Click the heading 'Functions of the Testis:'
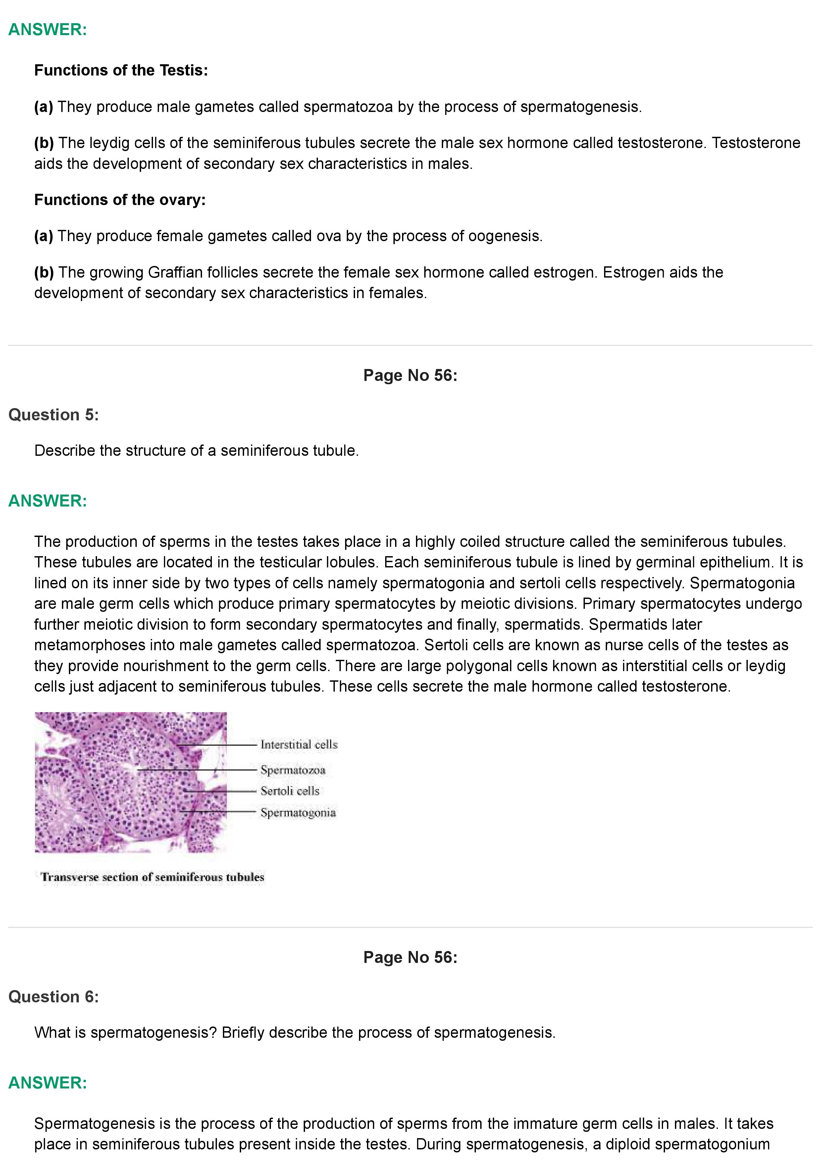click(121, 70)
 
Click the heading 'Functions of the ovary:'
click(120, 200)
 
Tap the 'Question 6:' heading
click(54, 996)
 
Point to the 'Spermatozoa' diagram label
click(293, 770)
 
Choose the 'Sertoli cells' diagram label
click(290, 791)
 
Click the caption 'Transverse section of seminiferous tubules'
click(152, 877)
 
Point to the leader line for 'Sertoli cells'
click(223, 791)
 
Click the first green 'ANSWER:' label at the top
click(48, 29)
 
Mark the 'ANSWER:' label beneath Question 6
click(48, 1083)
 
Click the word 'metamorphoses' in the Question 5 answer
click(89, 645)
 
